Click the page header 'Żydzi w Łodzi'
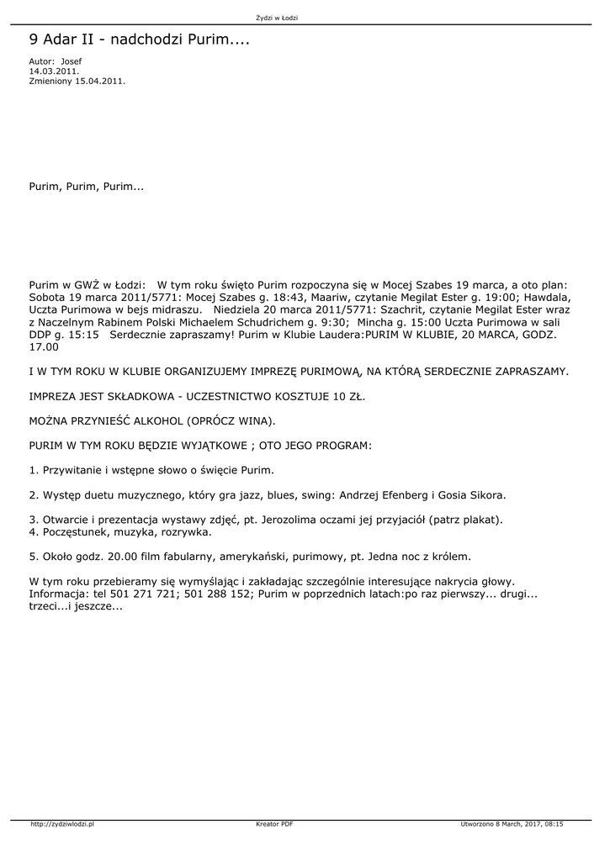[276, 18]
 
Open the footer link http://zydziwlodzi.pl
[62, 824]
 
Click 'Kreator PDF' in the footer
[274, 824]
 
